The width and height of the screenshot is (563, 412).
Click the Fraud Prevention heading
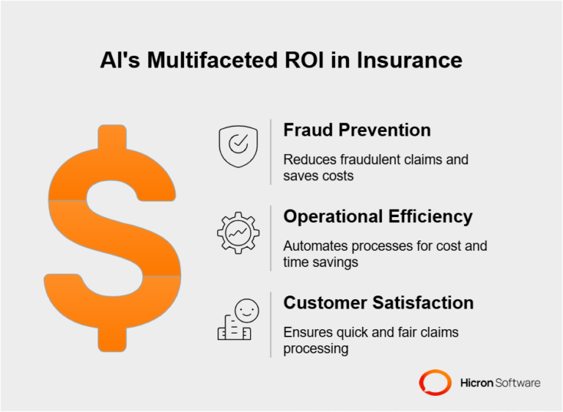point(357,130)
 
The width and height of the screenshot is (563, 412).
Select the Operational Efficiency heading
point(378,216)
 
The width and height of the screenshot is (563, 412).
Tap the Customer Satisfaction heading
point(378,302)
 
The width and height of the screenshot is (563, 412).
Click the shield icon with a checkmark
point(238,147)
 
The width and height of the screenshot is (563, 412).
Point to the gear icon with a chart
point(238,233)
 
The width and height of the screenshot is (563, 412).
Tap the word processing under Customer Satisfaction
point(315,348)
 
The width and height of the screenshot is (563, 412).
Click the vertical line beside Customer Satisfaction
point(271,325)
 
